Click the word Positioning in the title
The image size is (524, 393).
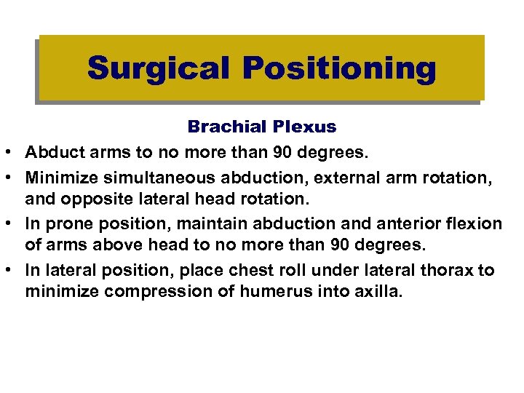tap(339, 68)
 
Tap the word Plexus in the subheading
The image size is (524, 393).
tap(306, 127)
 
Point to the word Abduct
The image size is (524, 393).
tap(49, 151)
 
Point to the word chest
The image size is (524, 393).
tap(258, 270)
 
